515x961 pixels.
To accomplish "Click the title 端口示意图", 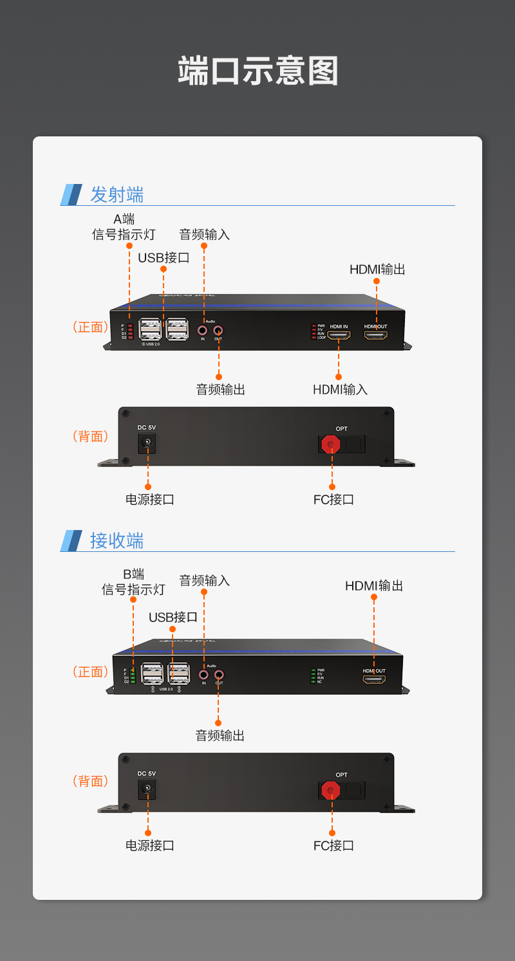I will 257,71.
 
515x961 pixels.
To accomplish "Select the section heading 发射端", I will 117,194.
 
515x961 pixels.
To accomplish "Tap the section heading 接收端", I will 117,540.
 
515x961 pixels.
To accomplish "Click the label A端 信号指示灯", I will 124,227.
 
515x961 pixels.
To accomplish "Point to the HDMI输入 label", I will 340,389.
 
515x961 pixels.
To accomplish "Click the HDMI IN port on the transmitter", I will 339,335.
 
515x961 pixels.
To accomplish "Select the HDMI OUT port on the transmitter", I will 376,335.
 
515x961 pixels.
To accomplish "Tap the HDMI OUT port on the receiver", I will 374,679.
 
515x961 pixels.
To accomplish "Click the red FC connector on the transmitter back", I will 332,444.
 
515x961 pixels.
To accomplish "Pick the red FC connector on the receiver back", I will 331,789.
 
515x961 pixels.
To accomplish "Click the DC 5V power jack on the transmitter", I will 147,443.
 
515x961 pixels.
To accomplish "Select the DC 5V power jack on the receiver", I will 147,788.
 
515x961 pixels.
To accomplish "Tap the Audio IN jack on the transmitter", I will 203,331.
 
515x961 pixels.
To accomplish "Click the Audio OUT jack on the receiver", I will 219,675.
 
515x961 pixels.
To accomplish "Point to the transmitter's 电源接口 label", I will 149,499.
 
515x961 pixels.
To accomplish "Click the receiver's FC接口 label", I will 333,845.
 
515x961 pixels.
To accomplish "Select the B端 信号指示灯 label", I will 133,582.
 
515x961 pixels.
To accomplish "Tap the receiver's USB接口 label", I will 173,617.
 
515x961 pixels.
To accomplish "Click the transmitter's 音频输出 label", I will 220,389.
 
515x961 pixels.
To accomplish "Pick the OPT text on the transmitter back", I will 341,428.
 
